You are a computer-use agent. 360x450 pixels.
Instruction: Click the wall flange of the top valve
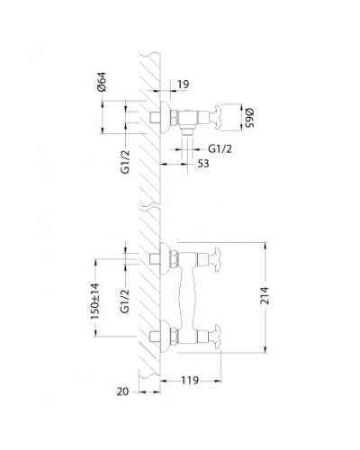point(166,115)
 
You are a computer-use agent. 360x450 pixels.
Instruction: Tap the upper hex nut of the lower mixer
point(166,261)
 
